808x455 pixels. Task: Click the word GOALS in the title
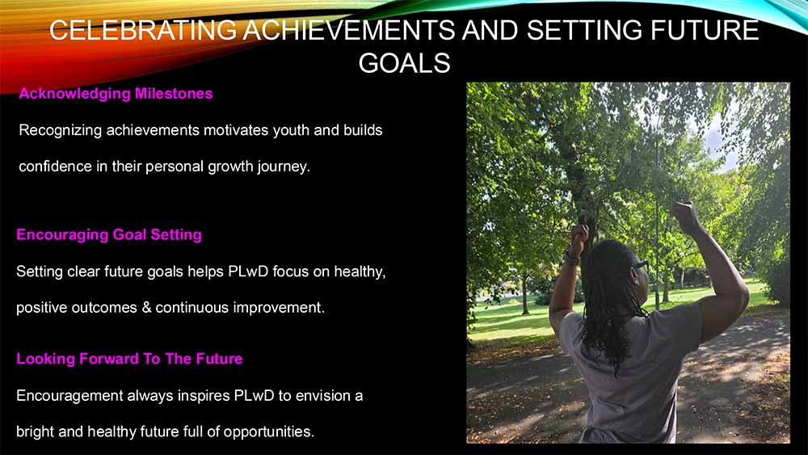click(405, 63)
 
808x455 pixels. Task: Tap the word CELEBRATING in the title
click(143, 30)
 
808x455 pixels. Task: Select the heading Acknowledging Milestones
click(116, 94)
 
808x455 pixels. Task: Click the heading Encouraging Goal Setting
click(109, 235)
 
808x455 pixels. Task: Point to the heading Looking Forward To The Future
click(129, 359)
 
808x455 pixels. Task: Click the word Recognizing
click(61, 131)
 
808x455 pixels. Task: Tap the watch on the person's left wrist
click(571, 258)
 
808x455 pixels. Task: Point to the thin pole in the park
click(657, 221)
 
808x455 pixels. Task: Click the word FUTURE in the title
click(705, 30)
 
